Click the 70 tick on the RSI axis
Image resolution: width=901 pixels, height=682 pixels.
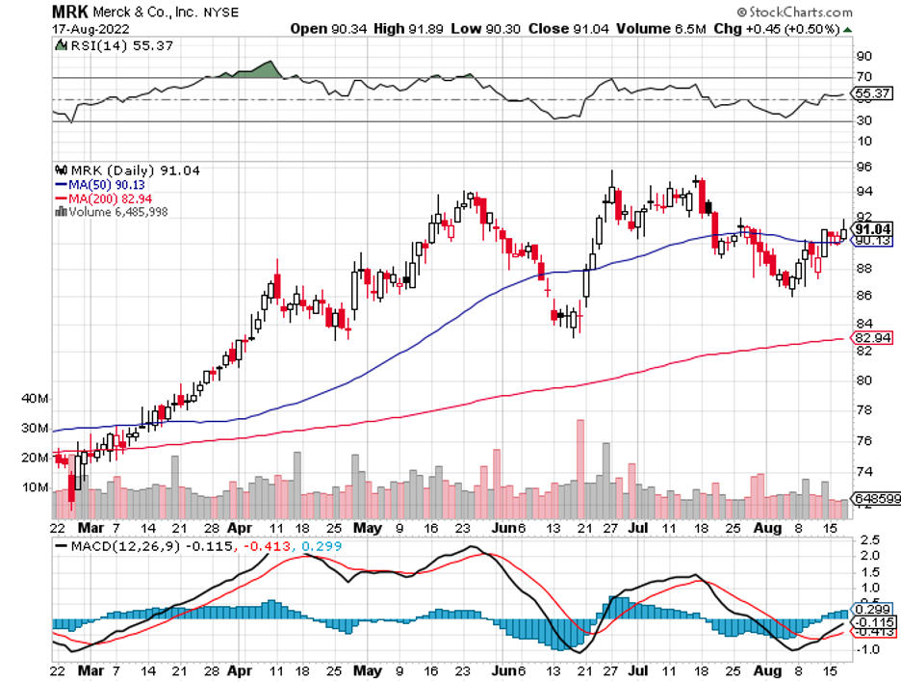coord(863,76)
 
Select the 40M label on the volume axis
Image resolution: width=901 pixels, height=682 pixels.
coord(36,398)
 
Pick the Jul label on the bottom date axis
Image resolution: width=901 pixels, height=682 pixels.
coord(636,529)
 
